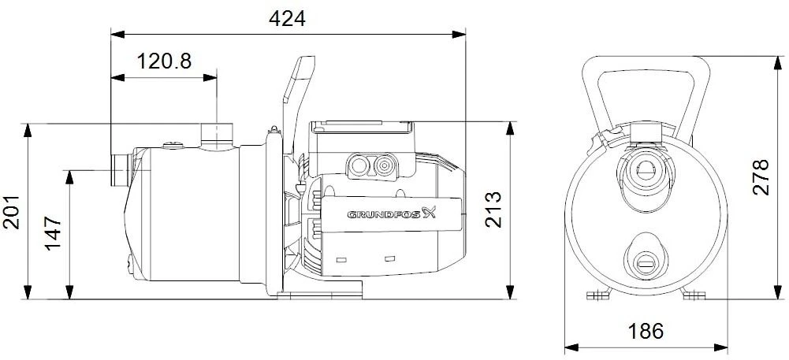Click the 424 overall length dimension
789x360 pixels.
287,19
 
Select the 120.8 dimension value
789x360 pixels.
164,62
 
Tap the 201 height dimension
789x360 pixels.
12,212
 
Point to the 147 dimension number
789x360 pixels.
54,234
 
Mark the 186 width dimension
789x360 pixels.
646,330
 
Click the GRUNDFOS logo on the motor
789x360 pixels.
391,212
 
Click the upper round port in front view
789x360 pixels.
646,168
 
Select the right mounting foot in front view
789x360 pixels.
694,295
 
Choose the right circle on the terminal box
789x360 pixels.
385,165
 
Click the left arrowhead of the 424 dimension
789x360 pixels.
115,34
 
